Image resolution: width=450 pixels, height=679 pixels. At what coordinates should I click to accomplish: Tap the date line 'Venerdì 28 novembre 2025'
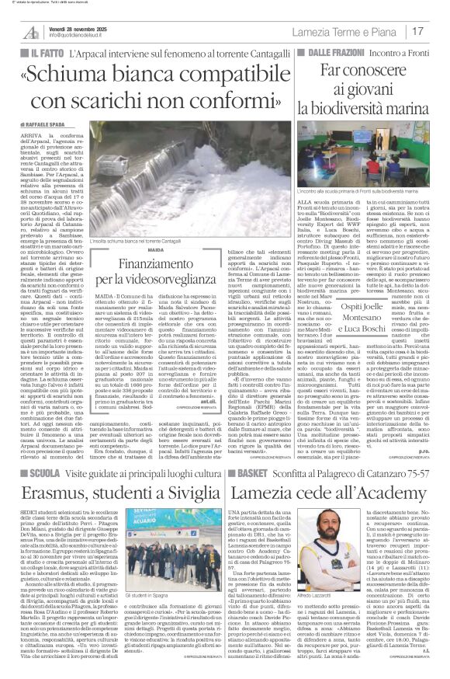[x=78, y=26]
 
